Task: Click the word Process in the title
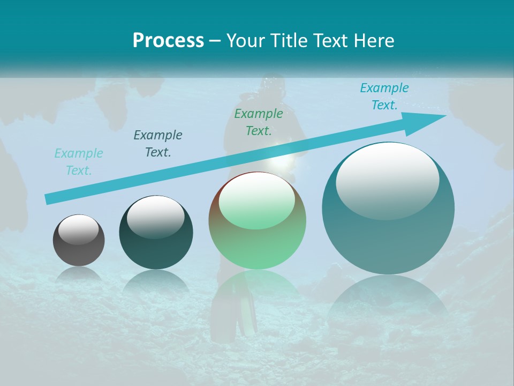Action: (x=168, y=41)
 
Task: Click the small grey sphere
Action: (x=79, y=240)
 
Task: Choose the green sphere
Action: (x=257, y=221)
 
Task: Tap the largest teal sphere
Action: (x=388, y=209)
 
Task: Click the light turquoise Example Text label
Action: (x=79, y=162)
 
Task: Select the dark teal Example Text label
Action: (x=158, y=144)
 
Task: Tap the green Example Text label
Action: (x=259, y=122)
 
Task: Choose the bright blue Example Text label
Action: (x=384, y=96)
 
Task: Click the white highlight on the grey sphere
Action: (x=78, y=230)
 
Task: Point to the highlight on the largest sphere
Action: (x=387, y=181)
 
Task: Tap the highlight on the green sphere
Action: (x=256, y=201)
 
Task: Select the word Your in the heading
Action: (x=245, y=41)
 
